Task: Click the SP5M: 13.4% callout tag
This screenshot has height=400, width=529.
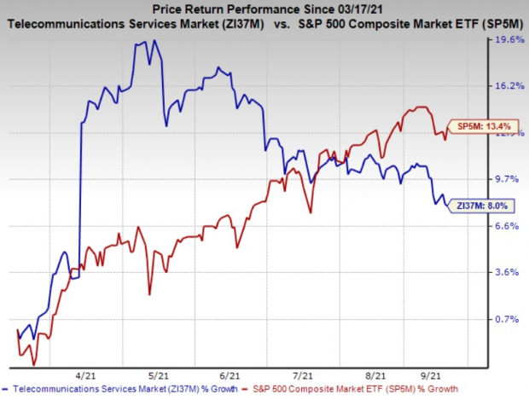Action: coord(480,127)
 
